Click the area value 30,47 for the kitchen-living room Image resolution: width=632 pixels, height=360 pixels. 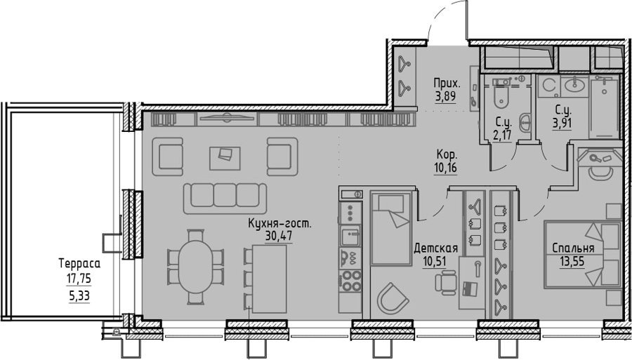tap(279, 236)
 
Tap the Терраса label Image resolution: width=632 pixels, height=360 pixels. tap(79, 264)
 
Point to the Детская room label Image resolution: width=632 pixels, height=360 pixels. tap(435, 248)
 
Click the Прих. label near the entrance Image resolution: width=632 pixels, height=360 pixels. tap(447, 84)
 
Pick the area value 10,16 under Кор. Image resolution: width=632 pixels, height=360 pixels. tap(445, 168)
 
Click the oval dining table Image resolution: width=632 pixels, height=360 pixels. tap(195, 266)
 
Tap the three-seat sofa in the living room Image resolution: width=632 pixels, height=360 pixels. tap(225, 198)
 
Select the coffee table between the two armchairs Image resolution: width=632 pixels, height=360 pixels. tap(225, 158)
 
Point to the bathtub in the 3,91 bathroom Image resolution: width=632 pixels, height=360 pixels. tap(604, 107)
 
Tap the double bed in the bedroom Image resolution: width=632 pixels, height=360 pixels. tap(582, 254)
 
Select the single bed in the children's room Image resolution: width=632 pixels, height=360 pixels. tap(390, 228)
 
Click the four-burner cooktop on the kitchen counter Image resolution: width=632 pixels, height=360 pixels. tap(350, 281)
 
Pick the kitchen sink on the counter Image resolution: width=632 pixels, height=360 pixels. tap(350, 236)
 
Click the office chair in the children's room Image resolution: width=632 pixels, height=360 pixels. tap(446, 282)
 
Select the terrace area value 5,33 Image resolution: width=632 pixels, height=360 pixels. tap(79, 296)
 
